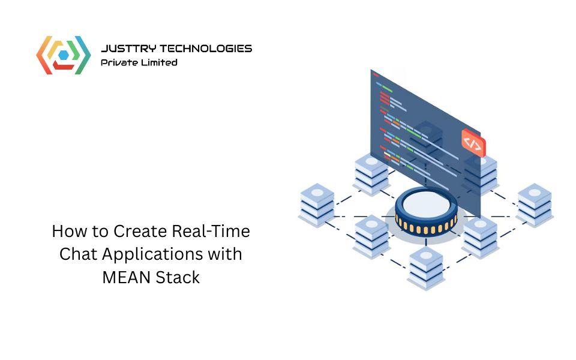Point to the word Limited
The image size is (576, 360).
pos(160,62)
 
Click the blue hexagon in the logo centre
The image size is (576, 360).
pos(63,55)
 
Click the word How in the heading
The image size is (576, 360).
pos(65,231)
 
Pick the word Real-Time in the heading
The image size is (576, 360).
pos(211,231)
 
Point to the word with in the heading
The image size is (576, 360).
pos(226,254)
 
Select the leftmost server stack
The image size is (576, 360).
pos(316,204)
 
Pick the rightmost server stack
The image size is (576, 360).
pos(534,204)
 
